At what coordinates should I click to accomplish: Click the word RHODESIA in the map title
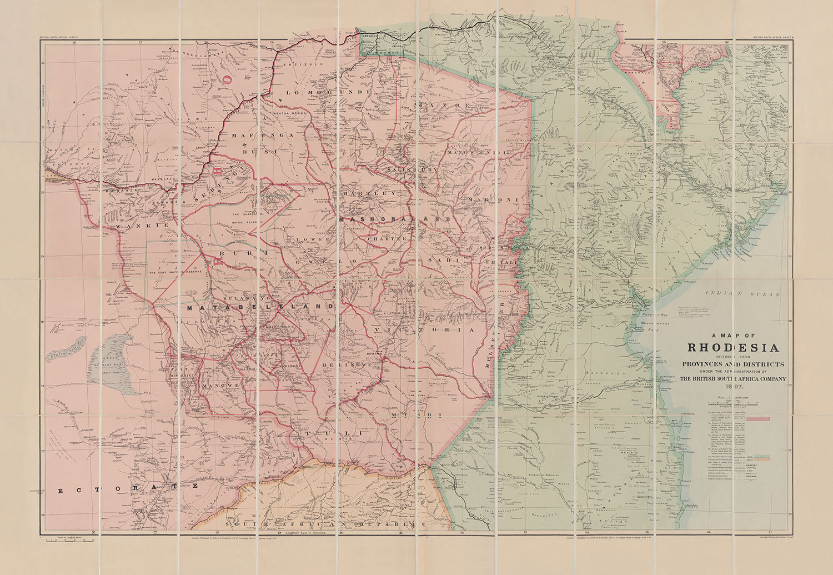tap(733, 348)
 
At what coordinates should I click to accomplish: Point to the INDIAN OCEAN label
tap(742, 293)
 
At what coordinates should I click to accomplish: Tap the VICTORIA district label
tap(425, 330)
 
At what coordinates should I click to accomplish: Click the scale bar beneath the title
tap(733, 402)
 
